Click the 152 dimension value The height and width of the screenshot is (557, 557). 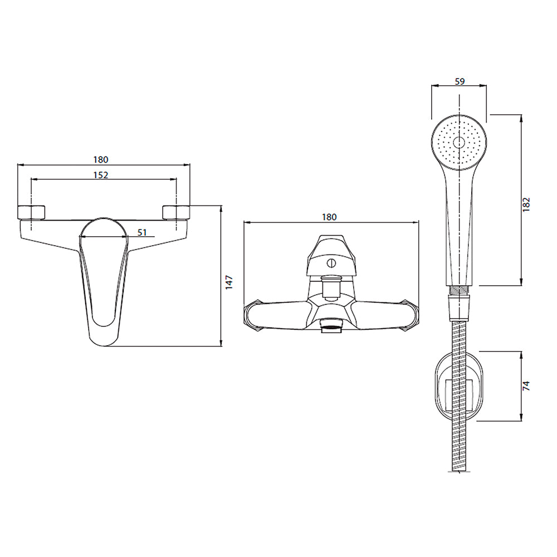(x=100, y=175)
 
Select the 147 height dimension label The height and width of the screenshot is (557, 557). (x=229, y=282)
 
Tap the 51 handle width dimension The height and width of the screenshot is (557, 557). (x=142, y=232)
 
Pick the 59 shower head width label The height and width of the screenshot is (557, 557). (x=460, y=81)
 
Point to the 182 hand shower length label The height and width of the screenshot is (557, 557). (x=526, y=204)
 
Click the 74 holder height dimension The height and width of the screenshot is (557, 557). (x=526, y=386)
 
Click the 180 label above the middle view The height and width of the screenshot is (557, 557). (x=329, y=217)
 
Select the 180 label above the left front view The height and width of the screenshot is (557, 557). (x=100, y=160)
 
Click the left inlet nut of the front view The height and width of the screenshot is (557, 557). (x=31, y=212)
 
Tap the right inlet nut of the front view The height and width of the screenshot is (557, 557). (x=176, y=212)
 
